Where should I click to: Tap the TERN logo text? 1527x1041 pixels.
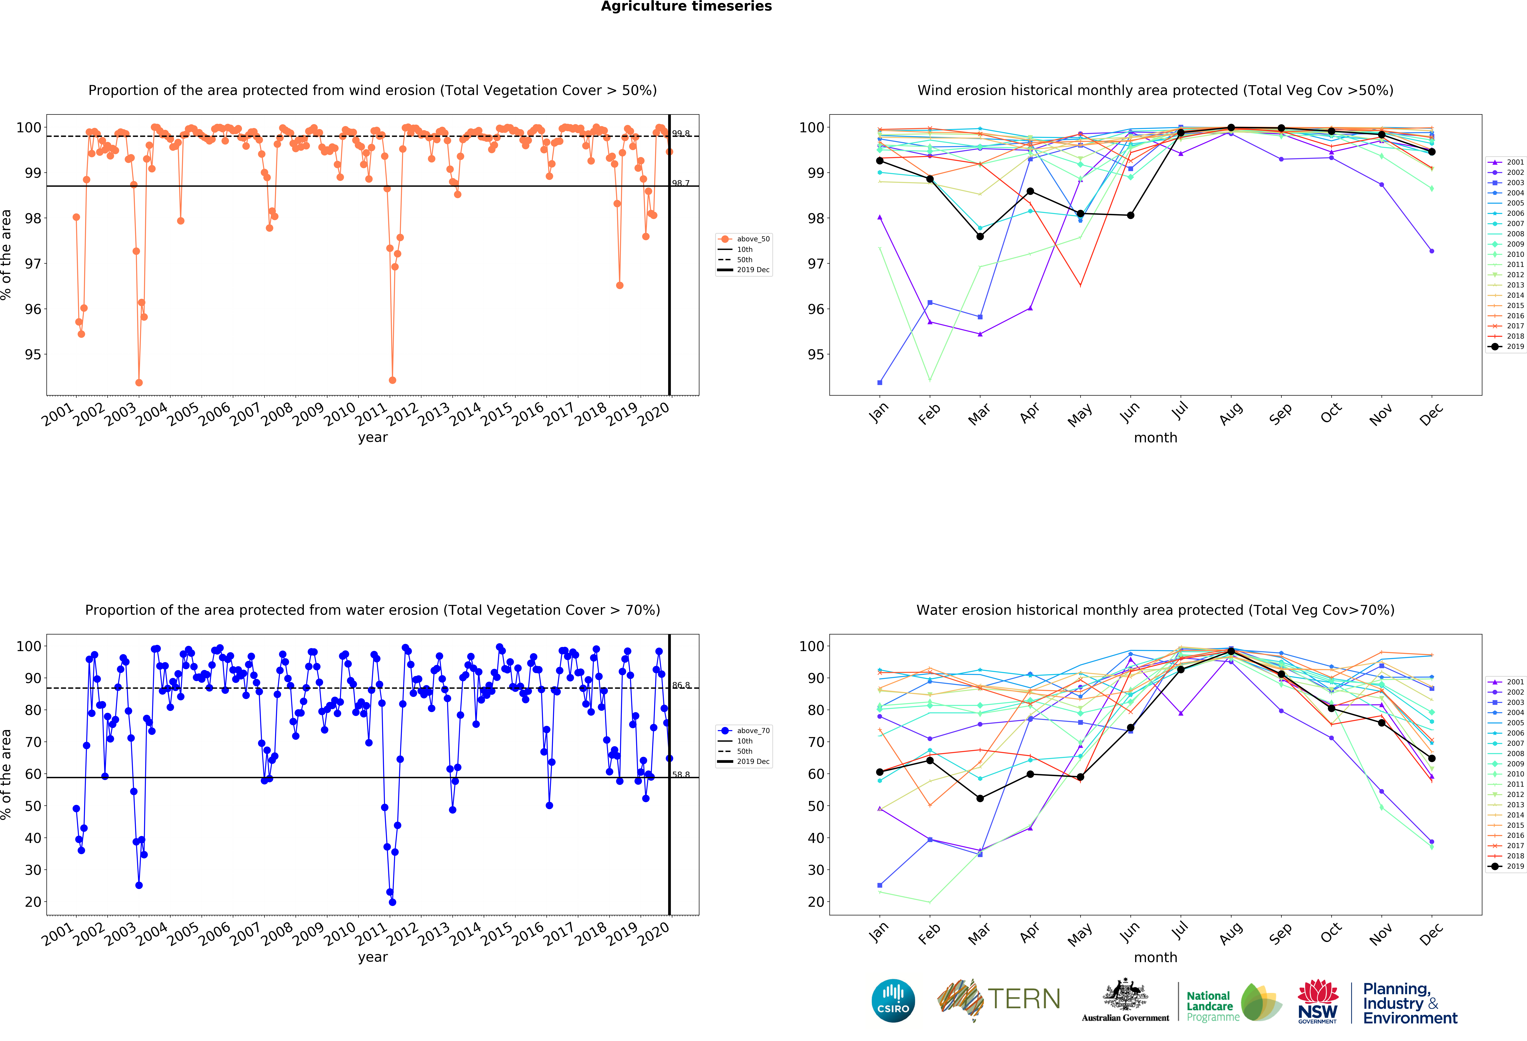(1024, 999)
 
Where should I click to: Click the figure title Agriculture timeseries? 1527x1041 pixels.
(686, 7)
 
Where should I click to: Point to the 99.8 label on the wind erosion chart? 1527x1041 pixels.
(681, 133)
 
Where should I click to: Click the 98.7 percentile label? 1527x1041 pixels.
(681, 183)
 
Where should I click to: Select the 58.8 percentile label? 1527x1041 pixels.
(681, 775)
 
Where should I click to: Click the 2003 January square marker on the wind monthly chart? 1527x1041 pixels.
(880, 382)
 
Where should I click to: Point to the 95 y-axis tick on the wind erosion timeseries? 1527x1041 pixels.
(33, 355)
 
